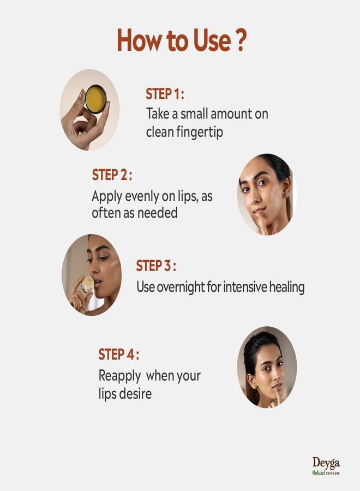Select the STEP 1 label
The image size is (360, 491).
pyautogui.click(x=165, y=94)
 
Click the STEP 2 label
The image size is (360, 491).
pyautogui.click(x=112, y=175)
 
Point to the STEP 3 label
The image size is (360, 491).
pyautogui.click(x=156, y=266)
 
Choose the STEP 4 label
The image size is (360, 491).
pyautogui.click(x=119, y=355)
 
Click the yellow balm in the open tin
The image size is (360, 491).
pyautogui.click(x=95, y=99)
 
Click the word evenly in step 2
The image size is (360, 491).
pyautogui.click(x=142, y=196)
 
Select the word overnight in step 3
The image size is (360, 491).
pyautogui.click(x=181, y=287)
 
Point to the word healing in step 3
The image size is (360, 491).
pyautogui.click(x=287, y=287)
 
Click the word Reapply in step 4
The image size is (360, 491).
pyautogui.click(x=119, y=376)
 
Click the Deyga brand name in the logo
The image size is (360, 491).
pyautogui.click(x=326, y=463)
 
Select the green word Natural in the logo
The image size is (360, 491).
pyautogui.click(x=319, y=472)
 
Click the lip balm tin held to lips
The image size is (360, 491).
pyautogui.click(x=88, y=284)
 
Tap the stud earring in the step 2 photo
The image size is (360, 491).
pyautogui.click(x=285, y=194)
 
